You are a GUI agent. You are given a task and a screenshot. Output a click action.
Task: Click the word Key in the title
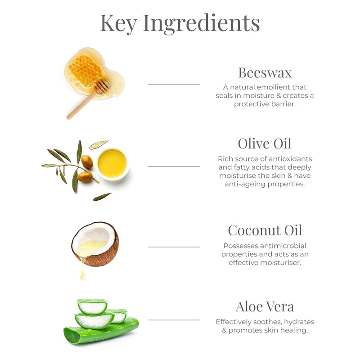click(x=118, y=23)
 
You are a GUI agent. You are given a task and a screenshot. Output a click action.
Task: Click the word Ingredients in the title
click(x=201, y=24)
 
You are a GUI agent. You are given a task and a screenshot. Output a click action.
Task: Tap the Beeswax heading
click(x=265, y=73)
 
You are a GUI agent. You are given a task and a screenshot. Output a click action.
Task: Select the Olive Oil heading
click(x=265, y=144)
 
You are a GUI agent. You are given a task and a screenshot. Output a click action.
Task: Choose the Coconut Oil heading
click(x=265, y=230)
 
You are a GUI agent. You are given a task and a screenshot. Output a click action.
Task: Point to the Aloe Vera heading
click(x=265, y=306)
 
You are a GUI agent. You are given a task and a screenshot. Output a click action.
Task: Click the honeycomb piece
click(x=86, y=70)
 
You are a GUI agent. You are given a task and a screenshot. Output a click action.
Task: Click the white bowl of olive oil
click(x=112, y=164)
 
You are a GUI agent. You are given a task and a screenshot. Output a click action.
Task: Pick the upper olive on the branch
click(x=87, y=162)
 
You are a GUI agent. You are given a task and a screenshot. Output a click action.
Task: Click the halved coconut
click(x=95, y=244)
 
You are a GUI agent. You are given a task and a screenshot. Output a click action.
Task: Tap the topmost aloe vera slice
click(x=92, y=306)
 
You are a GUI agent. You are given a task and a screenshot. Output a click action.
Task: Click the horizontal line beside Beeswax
click(x=174, y=85)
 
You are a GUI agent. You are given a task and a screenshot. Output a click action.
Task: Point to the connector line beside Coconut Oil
click(x=174, y=247)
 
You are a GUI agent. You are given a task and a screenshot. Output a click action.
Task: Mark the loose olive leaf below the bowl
click(x=102, y=197)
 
